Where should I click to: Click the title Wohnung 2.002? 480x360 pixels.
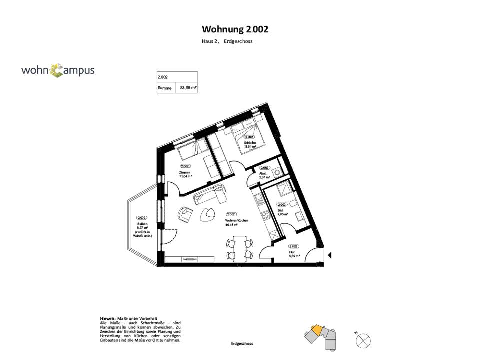235,29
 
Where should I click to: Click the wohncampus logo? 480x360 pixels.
58,70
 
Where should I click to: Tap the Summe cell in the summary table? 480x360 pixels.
165,88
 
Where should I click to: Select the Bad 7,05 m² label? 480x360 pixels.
281,212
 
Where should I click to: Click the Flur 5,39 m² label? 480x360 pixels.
294,254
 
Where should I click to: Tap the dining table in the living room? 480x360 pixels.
239,248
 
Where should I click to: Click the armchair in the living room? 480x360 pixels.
185,215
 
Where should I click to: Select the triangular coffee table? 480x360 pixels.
206,215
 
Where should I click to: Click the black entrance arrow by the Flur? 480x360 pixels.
329,255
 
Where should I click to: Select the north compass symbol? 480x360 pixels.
363,341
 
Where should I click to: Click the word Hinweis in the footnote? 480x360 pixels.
108,318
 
